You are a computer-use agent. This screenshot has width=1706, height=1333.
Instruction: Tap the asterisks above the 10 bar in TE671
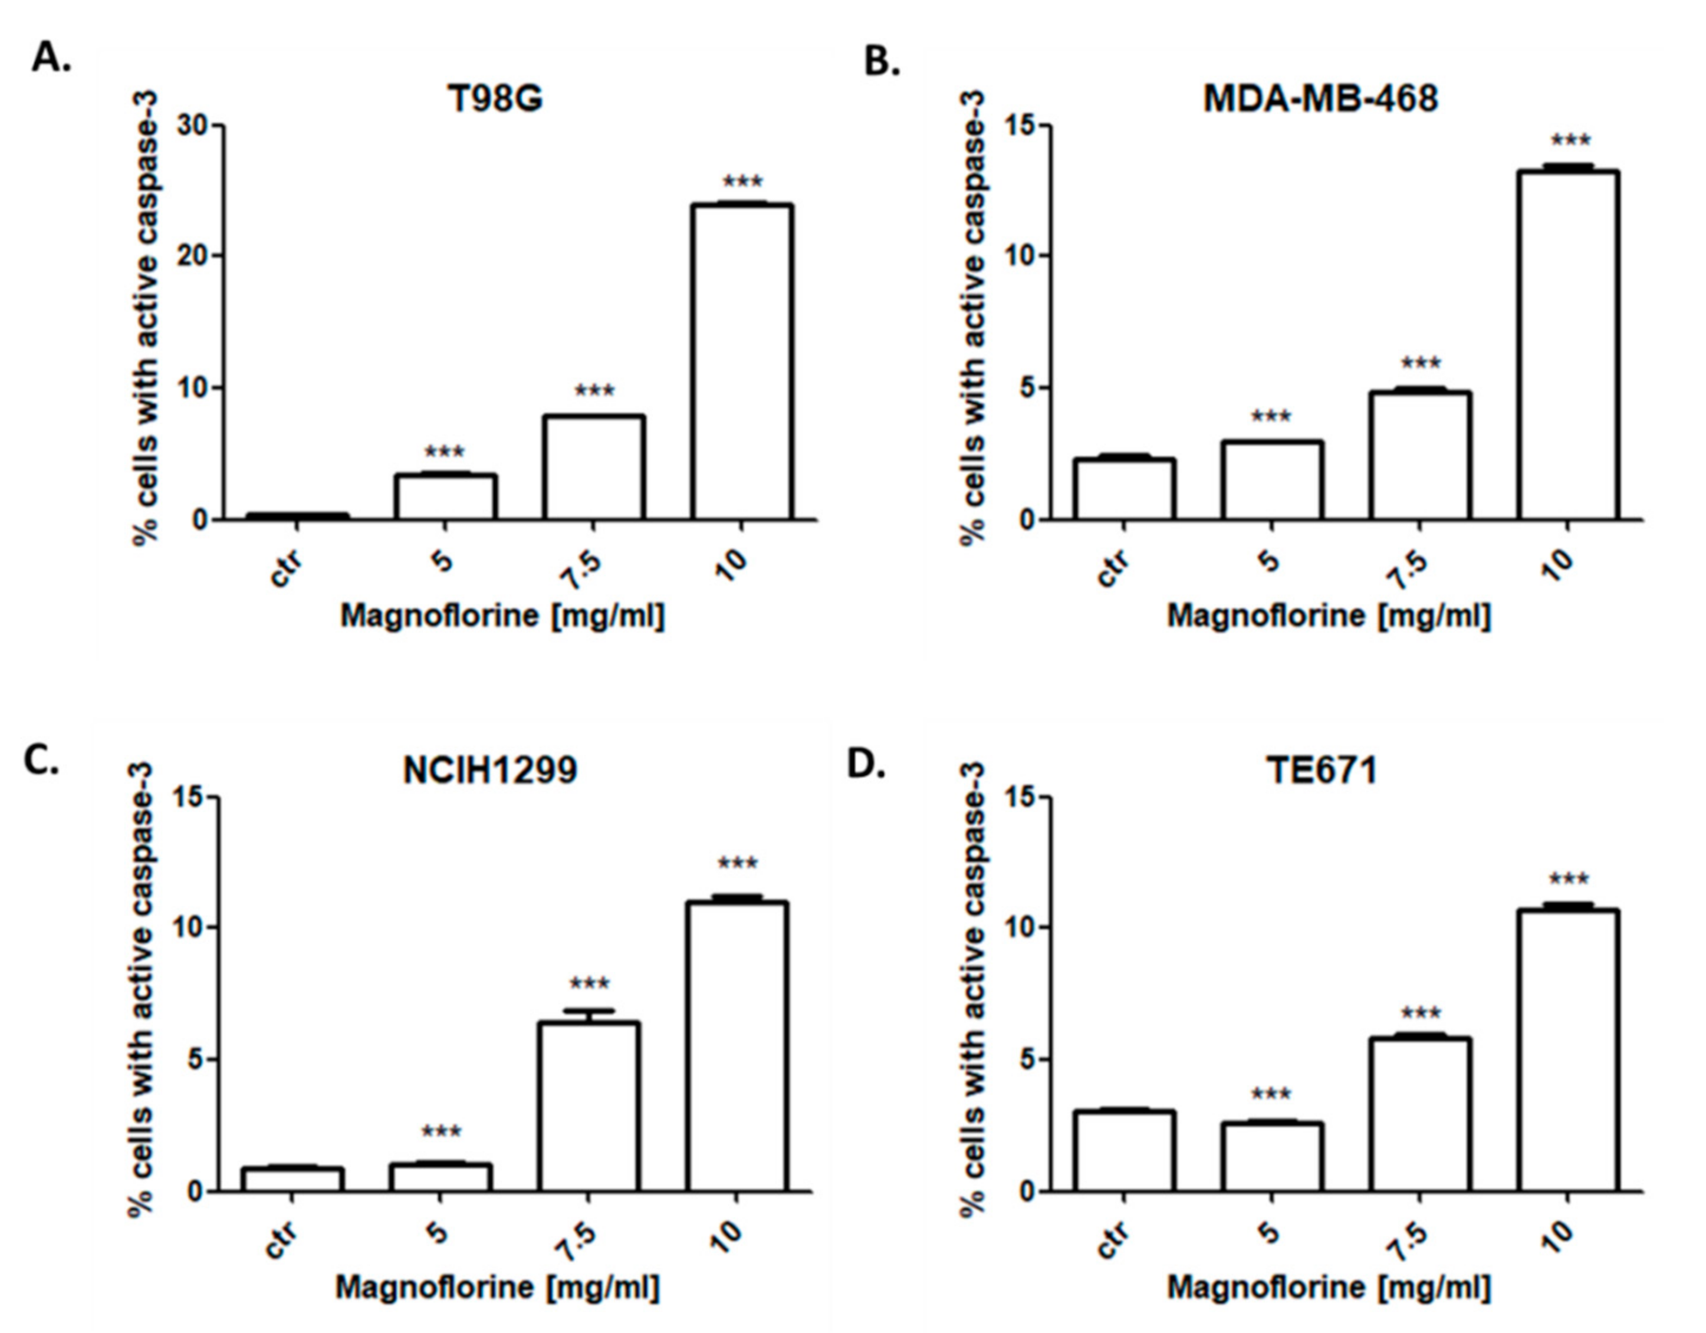pyautogui.click(x=1569, y=881)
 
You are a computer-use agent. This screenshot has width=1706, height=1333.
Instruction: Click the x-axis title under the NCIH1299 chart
pyautogui.click(x=498, y=1287)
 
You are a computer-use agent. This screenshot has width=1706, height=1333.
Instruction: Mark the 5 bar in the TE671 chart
pyautogui.click(x=1273, y=1157)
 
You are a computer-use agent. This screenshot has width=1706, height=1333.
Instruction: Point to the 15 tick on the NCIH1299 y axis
pyautogui.click(x=190, y=797)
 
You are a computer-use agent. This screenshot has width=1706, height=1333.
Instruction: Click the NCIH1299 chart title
pyautogui.click(x=490, y=771)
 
